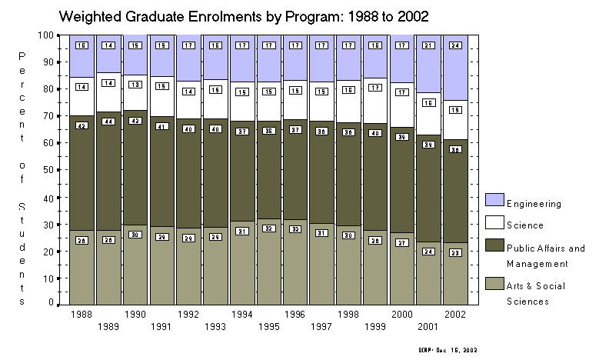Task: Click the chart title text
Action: click(x=243, y=15)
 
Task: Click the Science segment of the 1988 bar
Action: click(x=82, y=94)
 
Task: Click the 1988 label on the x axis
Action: click(x=81, y=314)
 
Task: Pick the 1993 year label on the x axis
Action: click(x=215, y=326)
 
